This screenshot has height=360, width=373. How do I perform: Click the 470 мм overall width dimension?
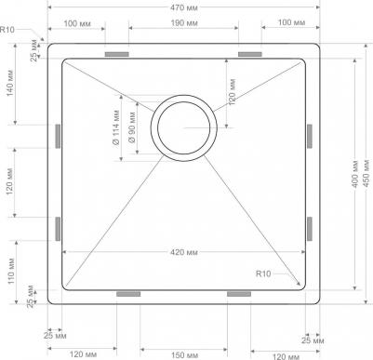click(x=183, y=7)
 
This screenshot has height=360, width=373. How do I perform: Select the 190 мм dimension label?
click(x=183, y=23)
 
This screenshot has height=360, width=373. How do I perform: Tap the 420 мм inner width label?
click(x=183, y=252)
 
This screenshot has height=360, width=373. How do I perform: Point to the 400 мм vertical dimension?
click(x=355, y=174)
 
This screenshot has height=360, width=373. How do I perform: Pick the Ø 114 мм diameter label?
click(x=115, y=127)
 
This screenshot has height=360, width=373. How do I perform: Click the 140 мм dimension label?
click(x=9, y=83)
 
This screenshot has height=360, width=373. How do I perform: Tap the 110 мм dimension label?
click(x=11, y=271)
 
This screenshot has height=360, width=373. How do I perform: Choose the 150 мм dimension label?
click(x=184, y=354)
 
